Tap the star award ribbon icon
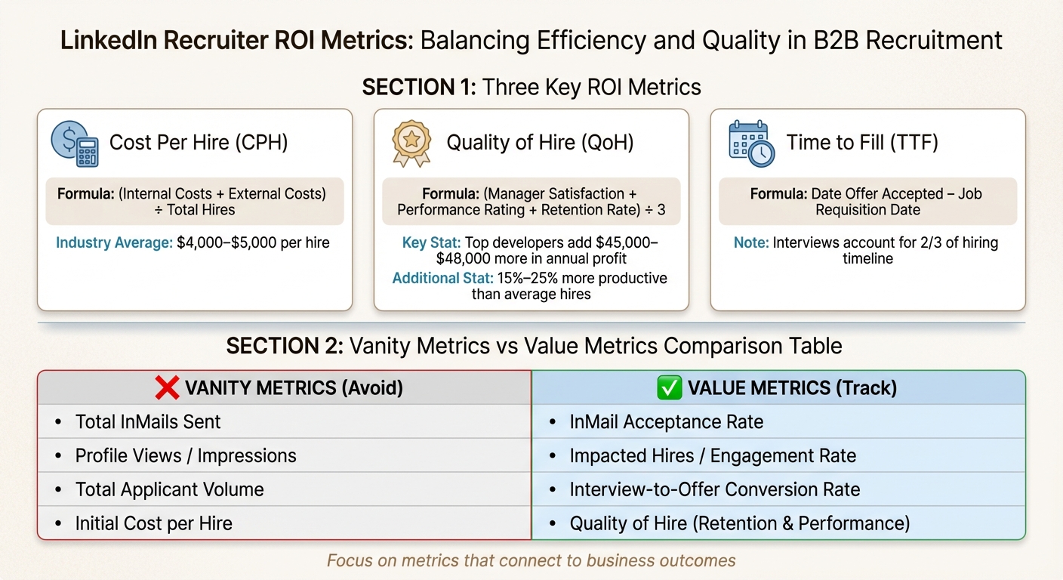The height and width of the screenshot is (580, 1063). tap(411, 143)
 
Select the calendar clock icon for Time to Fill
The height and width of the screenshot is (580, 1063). tap(750, 143)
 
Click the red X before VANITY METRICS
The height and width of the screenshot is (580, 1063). tap(166, 388)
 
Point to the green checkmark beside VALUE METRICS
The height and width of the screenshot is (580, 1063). tap(670, 388)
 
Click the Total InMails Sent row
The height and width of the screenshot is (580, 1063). tap(148, 421)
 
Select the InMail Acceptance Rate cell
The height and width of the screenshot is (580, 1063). tap(666, 421)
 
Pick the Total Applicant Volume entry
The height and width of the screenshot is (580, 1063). tap(169, 489)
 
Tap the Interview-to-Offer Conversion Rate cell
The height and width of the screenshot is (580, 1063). tap(714, 489)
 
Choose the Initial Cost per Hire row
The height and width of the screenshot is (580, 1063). tap(153, 523)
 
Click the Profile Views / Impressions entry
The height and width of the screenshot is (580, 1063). tap(186, 455)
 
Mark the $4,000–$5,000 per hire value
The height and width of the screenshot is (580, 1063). tap(253, 243)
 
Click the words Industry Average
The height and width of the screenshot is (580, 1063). tap(113, 243)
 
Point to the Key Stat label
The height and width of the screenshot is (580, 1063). tap(431, 243)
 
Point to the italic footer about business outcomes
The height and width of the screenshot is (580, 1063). tap(531, 560)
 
